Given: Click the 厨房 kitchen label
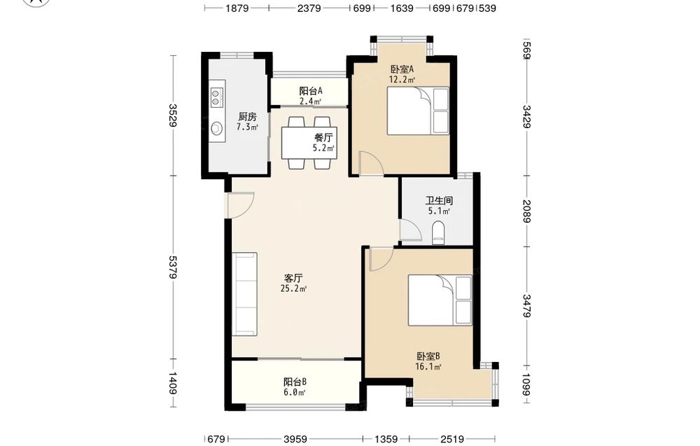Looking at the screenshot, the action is [247, 117].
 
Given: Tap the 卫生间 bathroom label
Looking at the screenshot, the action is [439, 201].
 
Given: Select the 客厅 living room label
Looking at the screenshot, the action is [293, 278].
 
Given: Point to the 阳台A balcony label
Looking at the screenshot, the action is [311, 91].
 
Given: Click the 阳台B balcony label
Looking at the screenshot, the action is [295, 382].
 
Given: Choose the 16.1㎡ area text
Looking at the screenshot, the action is [428, 367].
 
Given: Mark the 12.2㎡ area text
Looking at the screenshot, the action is [402, 80].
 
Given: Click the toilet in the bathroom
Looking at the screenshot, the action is [439, 233].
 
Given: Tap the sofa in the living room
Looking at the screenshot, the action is [244, 294].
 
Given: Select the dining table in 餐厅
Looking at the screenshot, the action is [309, 143].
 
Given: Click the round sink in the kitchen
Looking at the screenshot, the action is [216, 128].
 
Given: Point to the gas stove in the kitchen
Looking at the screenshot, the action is [216, 97].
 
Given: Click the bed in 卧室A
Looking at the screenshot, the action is [417, 111].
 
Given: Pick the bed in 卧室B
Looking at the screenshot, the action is [440, 300].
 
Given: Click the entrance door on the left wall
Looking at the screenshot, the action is [240, 205].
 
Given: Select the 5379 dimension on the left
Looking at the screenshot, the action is [172, 267].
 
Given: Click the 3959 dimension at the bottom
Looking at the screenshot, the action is [295, 439].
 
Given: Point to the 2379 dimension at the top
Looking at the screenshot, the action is [309, 8].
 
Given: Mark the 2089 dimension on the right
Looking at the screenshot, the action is [527, 211].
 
